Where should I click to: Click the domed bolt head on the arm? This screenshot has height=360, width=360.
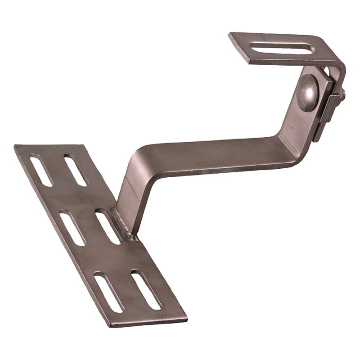tap(309, 91)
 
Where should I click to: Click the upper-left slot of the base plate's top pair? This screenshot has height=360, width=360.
tap(40, 170)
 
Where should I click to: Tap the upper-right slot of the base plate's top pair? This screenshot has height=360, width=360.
tap(75, 170)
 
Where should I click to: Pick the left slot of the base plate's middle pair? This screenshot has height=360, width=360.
tap(72, 228)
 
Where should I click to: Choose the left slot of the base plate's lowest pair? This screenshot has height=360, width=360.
tap(108, 292)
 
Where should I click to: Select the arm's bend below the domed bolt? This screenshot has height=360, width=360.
tap(288, 144)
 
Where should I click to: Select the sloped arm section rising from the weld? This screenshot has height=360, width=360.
tap(130, 193)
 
